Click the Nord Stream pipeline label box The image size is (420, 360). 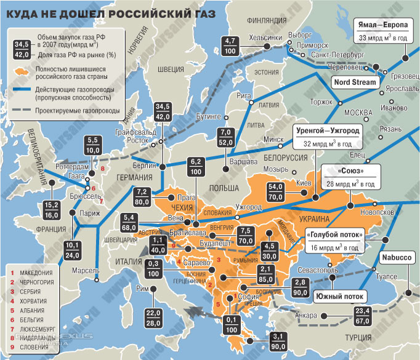pos(356,82)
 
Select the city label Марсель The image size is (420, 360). pos(84,271)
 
